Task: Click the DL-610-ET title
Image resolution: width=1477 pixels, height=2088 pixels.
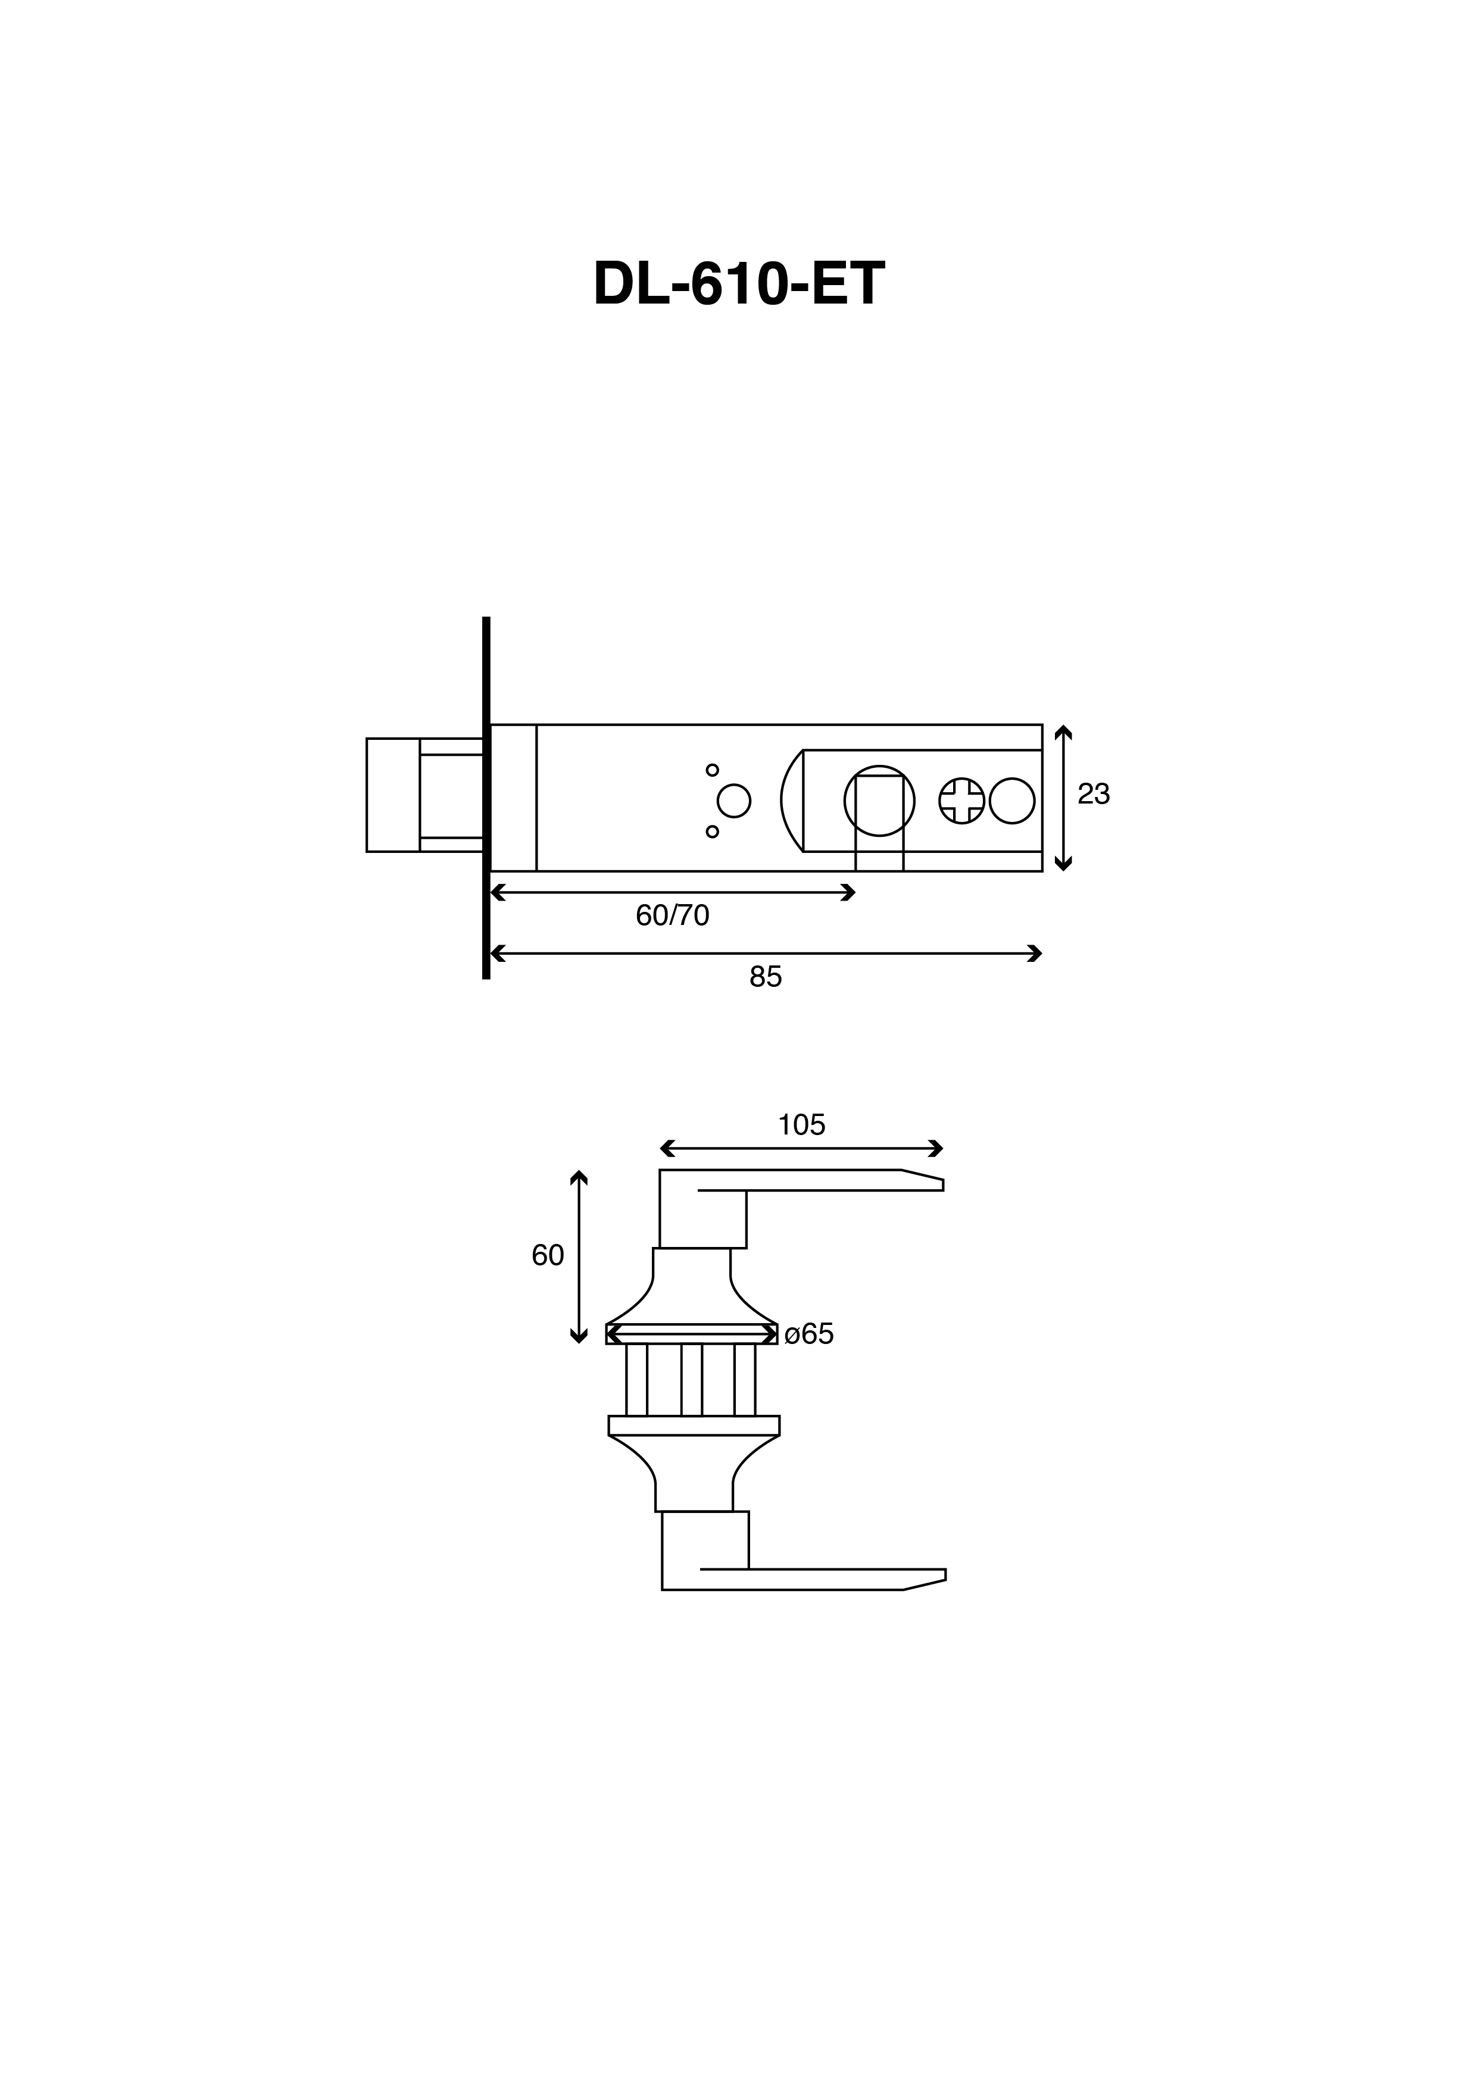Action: (738, 285)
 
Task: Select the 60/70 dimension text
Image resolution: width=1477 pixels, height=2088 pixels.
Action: (672, 915)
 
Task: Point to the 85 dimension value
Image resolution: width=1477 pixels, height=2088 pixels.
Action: (766, 977)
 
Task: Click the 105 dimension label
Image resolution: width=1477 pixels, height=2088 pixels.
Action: (801, 1125)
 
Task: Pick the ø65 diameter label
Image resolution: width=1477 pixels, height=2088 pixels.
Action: (808, 1334)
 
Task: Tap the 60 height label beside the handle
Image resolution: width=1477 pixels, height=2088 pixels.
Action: (548, 1255)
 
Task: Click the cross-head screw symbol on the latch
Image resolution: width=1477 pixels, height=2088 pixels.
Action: (961, 801)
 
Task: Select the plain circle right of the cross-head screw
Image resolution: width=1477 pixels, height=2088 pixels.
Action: (1011, 801)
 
